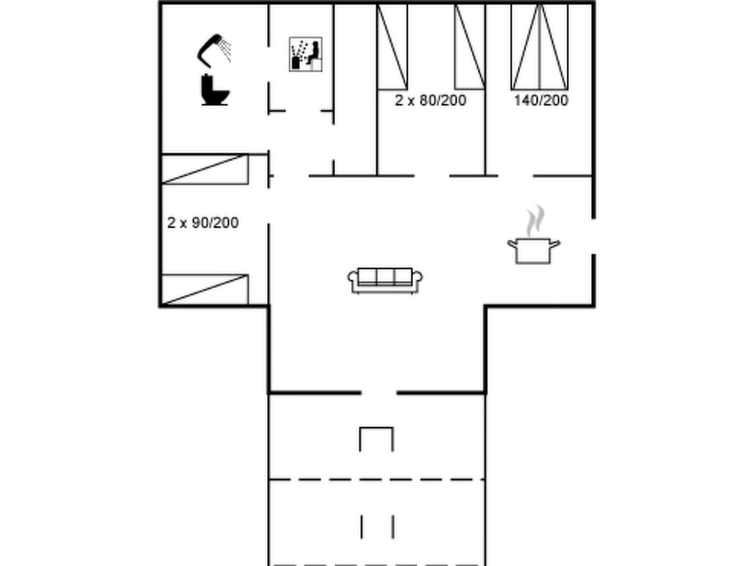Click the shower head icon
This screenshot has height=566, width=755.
point(214,50)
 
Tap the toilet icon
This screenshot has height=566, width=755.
point(215,90)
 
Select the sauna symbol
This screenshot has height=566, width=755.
point(306,54)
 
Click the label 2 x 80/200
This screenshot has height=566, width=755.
point(430,101)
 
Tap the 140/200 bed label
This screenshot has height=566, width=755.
point(541,101)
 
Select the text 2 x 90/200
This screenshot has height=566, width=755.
point(203,223)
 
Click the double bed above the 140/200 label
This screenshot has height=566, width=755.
point(539,47)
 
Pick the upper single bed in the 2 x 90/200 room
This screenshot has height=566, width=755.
point(205,170)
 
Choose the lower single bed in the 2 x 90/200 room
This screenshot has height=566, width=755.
point(205,290)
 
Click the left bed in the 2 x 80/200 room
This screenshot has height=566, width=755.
point(392,47)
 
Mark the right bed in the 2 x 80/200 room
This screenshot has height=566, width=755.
point(470,47)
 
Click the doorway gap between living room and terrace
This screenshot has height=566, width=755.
point(379,393)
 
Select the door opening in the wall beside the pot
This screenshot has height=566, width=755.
point(594,236)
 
